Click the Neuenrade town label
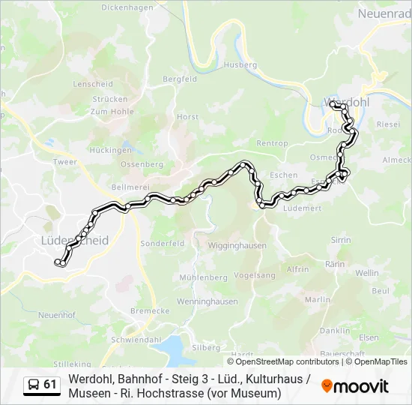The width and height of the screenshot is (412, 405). (384, 14)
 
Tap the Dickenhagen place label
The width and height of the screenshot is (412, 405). (127, 7)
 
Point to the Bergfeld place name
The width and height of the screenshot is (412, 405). (180, 79)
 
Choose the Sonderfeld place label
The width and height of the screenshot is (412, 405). (162, 244)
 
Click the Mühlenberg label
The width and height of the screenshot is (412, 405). (203, 277)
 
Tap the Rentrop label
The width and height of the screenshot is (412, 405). (272, 143)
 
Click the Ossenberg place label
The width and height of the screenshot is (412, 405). (142, 164)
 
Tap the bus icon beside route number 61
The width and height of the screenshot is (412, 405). (34, 385)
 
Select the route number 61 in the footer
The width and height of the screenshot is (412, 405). (50, 385)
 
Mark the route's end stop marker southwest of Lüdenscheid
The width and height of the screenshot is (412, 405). (58, 262)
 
